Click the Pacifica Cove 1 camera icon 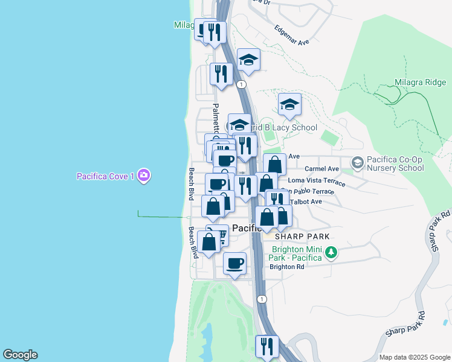coord(144,176)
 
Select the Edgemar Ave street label coord(291,35)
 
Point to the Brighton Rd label coord(286,267)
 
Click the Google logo coord(20,355)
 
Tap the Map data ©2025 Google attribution coord(414,357)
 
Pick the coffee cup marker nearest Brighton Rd coord(234,263)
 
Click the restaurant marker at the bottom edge coord(266,346)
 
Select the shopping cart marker coord(219,235)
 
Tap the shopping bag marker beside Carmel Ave coord(274,164)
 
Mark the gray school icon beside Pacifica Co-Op coord(358,163)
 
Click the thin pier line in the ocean coord(161,217)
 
